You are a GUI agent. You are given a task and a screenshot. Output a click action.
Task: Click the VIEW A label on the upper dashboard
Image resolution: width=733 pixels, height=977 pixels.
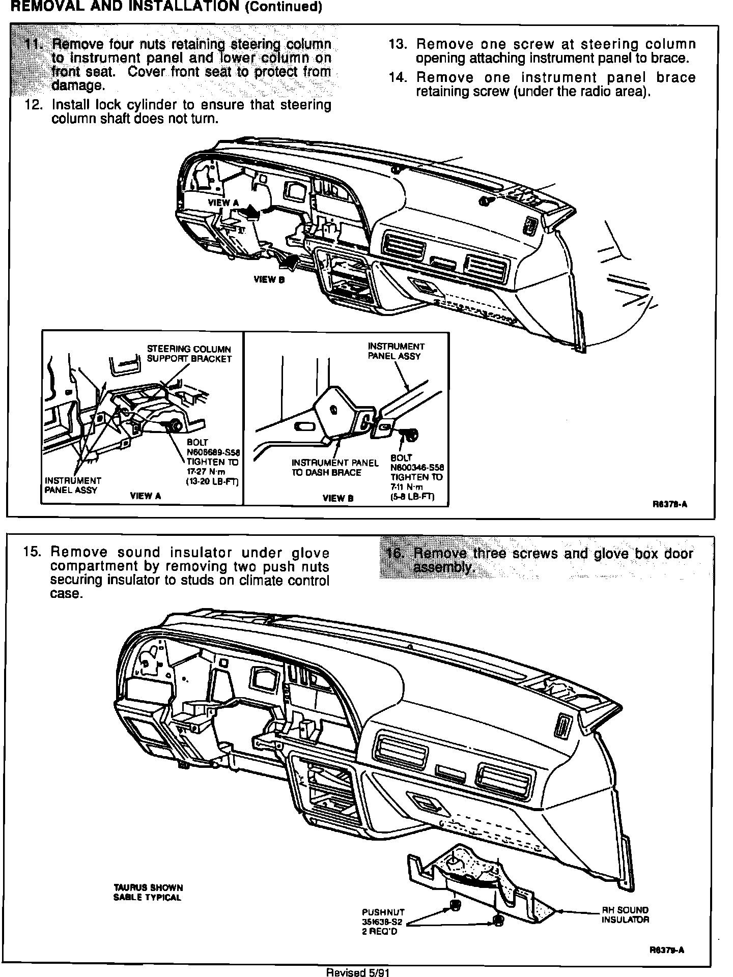point(223,203)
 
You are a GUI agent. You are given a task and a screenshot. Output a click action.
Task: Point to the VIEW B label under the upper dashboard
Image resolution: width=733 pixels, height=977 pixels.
point(269,279)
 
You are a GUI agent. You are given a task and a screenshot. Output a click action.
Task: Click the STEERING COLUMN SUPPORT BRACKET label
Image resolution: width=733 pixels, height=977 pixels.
point(189,354)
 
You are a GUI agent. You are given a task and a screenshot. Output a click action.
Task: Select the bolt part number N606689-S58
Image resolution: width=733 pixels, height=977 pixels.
point(213,452)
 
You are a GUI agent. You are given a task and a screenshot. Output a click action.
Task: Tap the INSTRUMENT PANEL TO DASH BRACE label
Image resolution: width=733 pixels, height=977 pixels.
point(334,468)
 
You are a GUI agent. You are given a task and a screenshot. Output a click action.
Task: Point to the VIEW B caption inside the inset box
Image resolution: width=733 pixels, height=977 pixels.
point(337,498)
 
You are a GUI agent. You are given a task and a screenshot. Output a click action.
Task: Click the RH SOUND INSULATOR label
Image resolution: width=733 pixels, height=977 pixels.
point(625,914)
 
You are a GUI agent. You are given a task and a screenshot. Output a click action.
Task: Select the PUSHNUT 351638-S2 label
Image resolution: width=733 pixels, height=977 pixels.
point(383,922)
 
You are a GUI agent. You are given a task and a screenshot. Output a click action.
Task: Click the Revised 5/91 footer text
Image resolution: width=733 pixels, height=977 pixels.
point(358,972)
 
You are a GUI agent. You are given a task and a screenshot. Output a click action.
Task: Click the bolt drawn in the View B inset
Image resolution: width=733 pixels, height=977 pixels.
point(409,434)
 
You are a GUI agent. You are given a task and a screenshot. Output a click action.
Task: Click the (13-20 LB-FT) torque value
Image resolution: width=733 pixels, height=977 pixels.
point(213,482)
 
